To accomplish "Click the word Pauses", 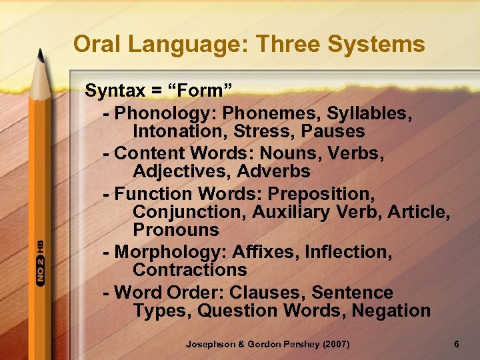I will [331, 131].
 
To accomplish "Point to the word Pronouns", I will [176, 230].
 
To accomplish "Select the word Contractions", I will [190, 270].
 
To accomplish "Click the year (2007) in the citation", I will [333, 344].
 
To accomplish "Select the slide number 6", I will [456, 344].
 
